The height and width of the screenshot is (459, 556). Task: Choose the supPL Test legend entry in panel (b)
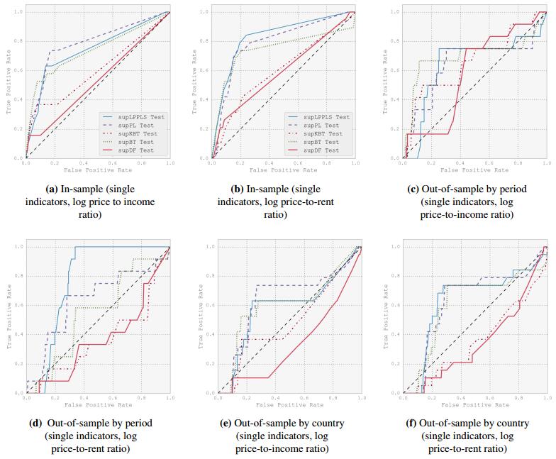(x=323, y=125)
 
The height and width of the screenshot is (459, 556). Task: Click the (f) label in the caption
(x=409, y=424)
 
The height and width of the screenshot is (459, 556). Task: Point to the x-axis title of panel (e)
(x=289, y=405)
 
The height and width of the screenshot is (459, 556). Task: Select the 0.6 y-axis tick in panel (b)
(x=204, y=70)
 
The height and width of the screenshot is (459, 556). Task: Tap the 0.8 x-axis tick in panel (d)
(x=140, y=398)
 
